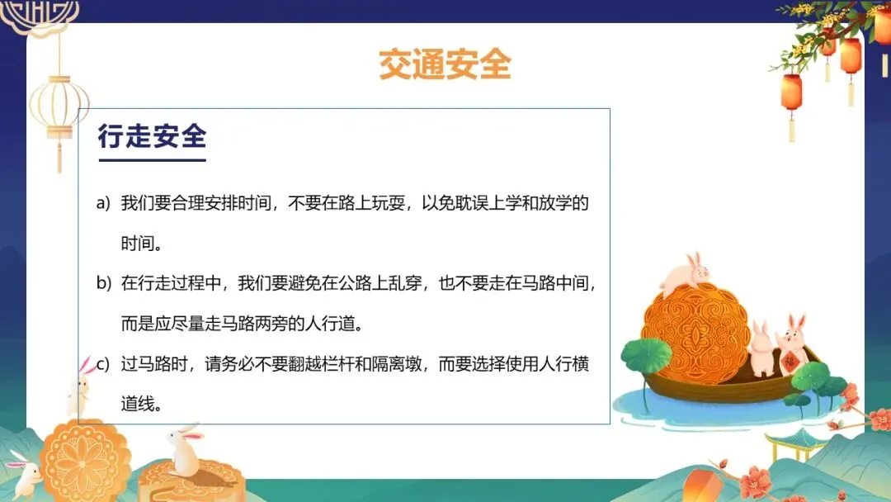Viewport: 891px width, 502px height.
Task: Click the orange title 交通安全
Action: tap(445, 64)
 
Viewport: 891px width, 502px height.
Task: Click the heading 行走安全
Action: tap(153, 136)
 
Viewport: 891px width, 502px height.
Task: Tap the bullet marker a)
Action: tap(103, 203)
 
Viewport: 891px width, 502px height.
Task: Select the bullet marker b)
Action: tap(103, 282)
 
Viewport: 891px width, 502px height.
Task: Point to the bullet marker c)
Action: tap(103, 364)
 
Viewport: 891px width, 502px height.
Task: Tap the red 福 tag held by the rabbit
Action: tap(789, 361)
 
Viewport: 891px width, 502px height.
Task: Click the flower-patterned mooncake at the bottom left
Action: tap(84, 462)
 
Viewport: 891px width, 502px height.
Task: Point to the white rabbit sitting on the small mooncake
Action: tap(185, 449)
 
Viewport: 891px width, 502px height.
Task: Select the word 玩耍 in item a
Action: tap(388, 203)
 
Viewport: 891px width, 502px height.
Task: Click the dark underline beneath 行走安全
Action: tap(153, 160)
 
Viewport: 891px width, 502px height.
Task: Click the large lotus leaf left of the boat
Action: tap(647, 355)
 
